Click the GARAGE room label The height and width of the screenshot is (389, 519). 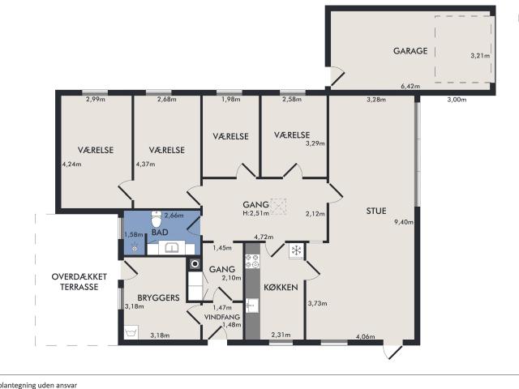click(x=410, y=51)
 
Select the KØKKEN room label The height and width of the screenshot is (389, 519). click(x=281, y=288)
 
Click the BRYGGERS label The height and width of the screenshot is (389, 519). click(x=157, y=298)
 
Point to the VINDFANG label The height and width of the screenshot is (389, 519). click(x=221, y=317)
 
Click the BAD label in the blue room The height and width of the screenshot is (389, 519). click(x=160, y=233)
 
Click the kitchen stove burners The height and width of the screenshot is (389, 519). click(x=251, y=262)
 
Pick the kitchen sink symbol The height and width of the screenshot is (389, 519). click(x=251, y=306)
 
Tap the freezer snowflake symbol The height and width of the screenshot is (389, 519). click(x=297, y=250)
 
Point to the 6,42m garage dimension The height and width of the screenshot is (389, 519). click(x=411, y=84)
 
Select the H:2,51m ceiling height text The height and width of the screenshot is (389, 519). click(x=255, y=214)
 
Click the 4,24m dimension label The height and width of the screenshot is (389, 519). click(x=71, y=164)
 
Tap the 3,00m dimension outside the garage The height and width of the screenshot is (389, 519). click(x=457, y=100)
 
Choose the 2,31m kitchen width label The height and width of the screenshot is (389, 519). click(x=280, y=335)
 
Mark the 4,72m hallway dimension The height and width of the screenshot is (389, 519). click(x=263, y=237)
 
